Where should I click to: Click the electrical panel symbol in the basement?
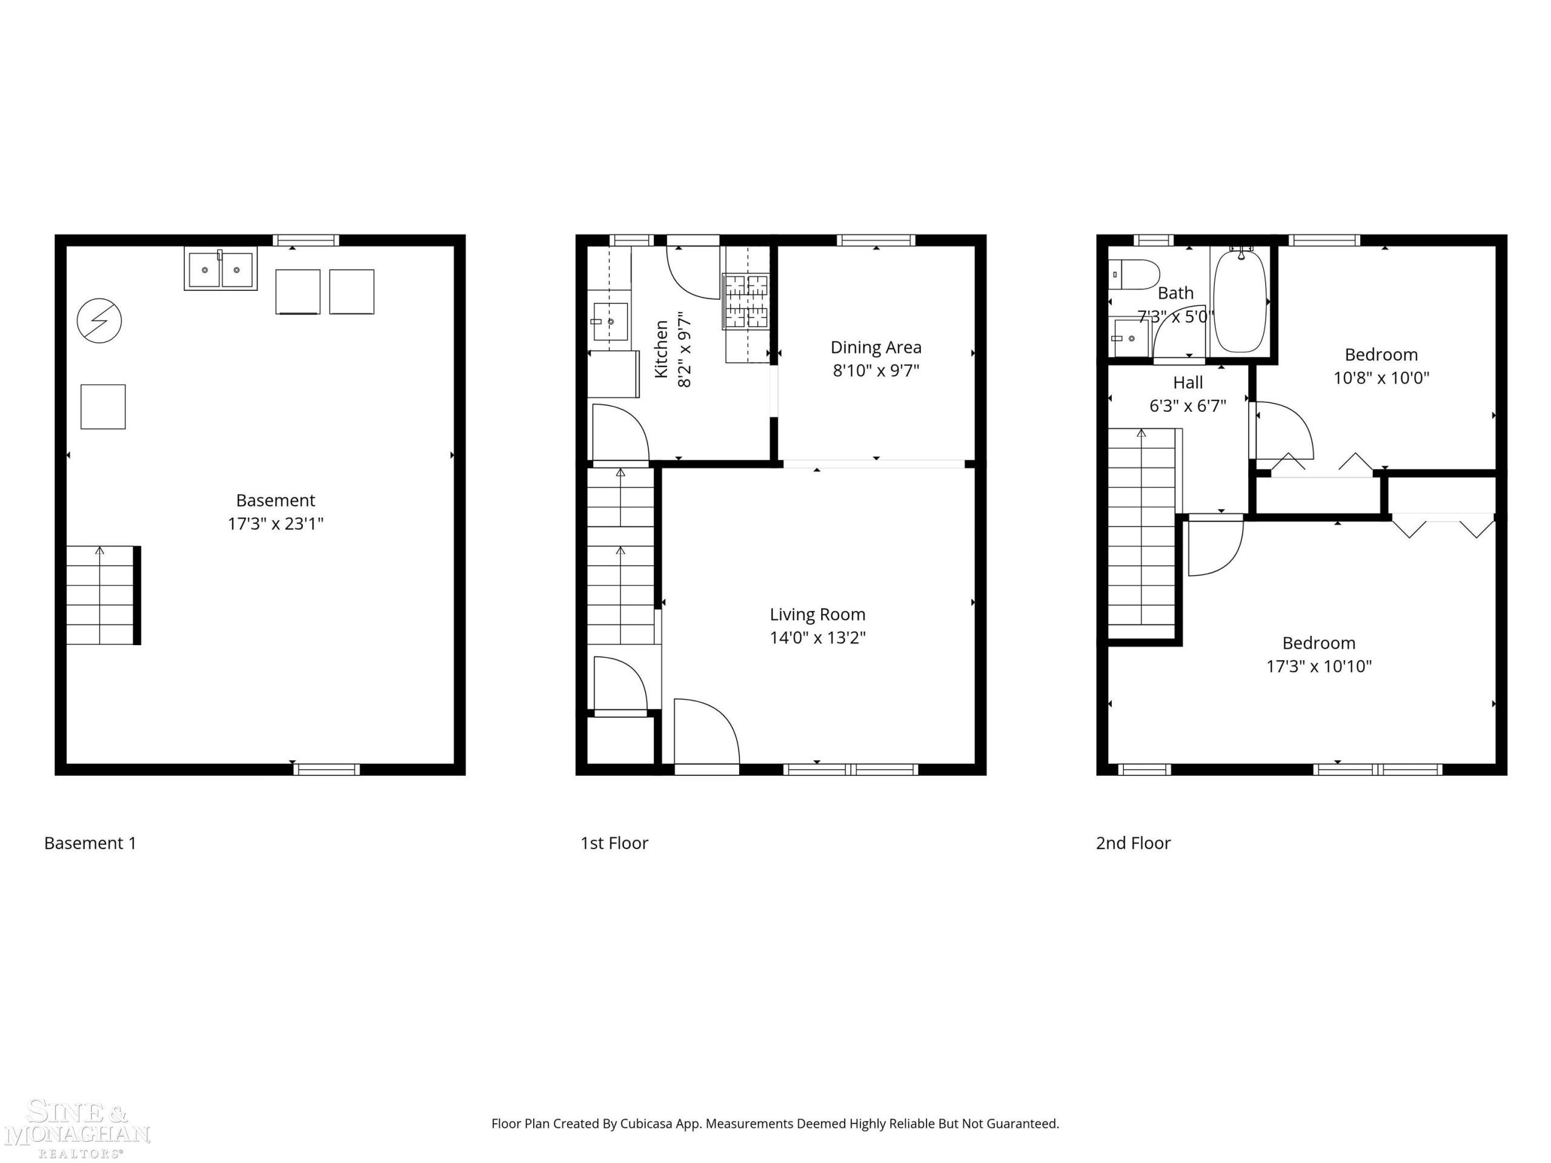99,321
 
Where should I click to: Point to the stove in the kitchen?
745,302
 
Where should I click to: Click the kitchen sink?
610,322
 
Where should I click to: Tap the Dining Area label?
875,347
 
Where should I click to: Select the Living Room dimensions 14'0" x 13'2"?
817,637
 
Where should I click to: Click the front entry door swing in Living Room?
706,732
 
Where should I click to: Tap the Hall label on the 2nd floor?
1188,383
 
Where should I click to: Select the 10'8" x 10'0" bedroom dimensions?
1381,378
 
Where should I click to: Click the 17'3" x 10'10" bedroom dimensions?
1318,666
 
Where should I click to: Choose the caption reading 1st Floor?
614,843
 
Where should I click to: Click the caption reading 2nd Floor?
1133,843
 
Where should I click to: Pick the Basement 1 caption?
90,843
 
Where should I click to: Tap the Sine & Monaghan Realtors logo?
77,1128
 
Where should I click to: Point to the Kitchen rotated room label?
661,349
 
